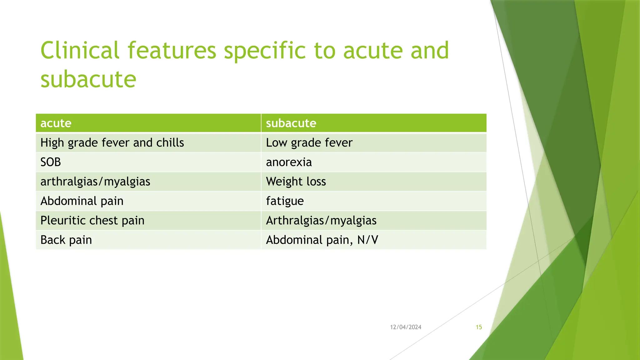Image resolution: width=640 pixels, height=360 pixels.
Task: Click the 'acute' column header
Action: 56,123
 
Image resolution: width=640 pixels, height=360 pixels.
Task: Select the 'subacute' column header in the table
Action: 291,123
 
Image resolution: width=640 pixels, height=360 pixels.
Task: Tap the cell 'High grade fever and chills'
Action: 112,143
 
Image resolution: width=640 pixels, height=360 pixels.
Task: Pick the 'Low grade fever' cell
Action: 309,143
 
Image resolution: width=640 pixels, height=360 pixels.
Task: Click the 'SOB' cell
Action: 51,162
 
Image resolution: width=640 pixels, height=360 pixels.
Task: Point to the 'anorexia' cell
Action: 289,162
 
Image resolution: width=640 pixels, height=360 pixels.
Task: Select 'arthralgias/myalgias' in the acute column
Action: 95,182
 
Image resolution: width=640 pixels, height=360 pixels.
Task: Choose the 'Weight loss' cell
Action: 296,182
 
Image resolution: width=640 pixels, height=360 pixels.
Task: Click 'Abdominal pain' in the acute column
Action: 82,201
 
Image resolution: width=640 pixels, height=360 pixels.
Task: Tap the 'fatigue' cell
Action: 285,201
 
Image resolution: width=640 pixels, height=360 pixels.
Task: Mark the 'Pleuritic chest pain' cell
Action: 92,221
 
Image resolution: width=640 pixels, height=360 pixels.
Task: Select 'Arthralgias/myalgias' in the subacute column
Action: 321,221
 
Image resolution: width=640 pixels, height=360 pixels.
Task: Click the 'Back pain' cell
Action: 66,240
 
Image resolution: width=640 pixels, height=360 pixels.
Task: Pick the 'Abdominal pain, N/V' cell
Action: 322,240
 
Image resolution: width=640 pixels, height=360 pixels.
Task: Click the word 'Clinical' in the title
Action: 80,50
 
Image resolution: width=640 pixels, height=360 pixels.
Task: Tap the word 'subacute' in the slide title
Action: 88,79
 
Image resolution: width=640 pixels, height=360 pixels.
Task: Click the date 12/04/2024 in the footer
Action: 406,327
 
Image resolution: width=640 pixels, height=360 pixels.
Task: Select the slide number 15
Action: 479,327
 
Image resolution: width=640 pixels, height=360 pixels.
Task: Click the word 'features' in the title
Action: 172,50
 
